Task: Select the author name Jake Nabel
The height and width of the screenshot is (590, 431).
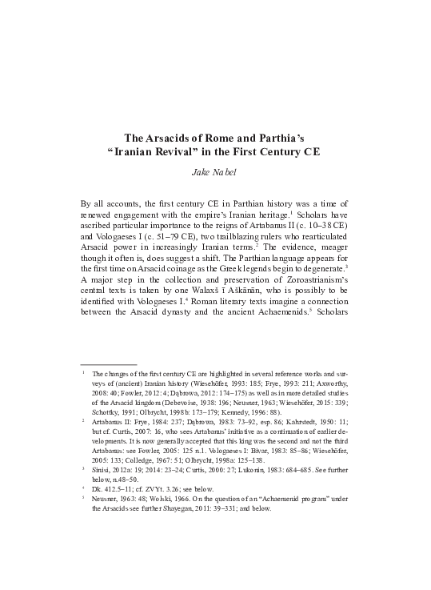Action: [215, 171]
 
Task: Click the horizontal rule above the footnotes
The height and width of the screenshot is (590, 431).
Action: [109, 364]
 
